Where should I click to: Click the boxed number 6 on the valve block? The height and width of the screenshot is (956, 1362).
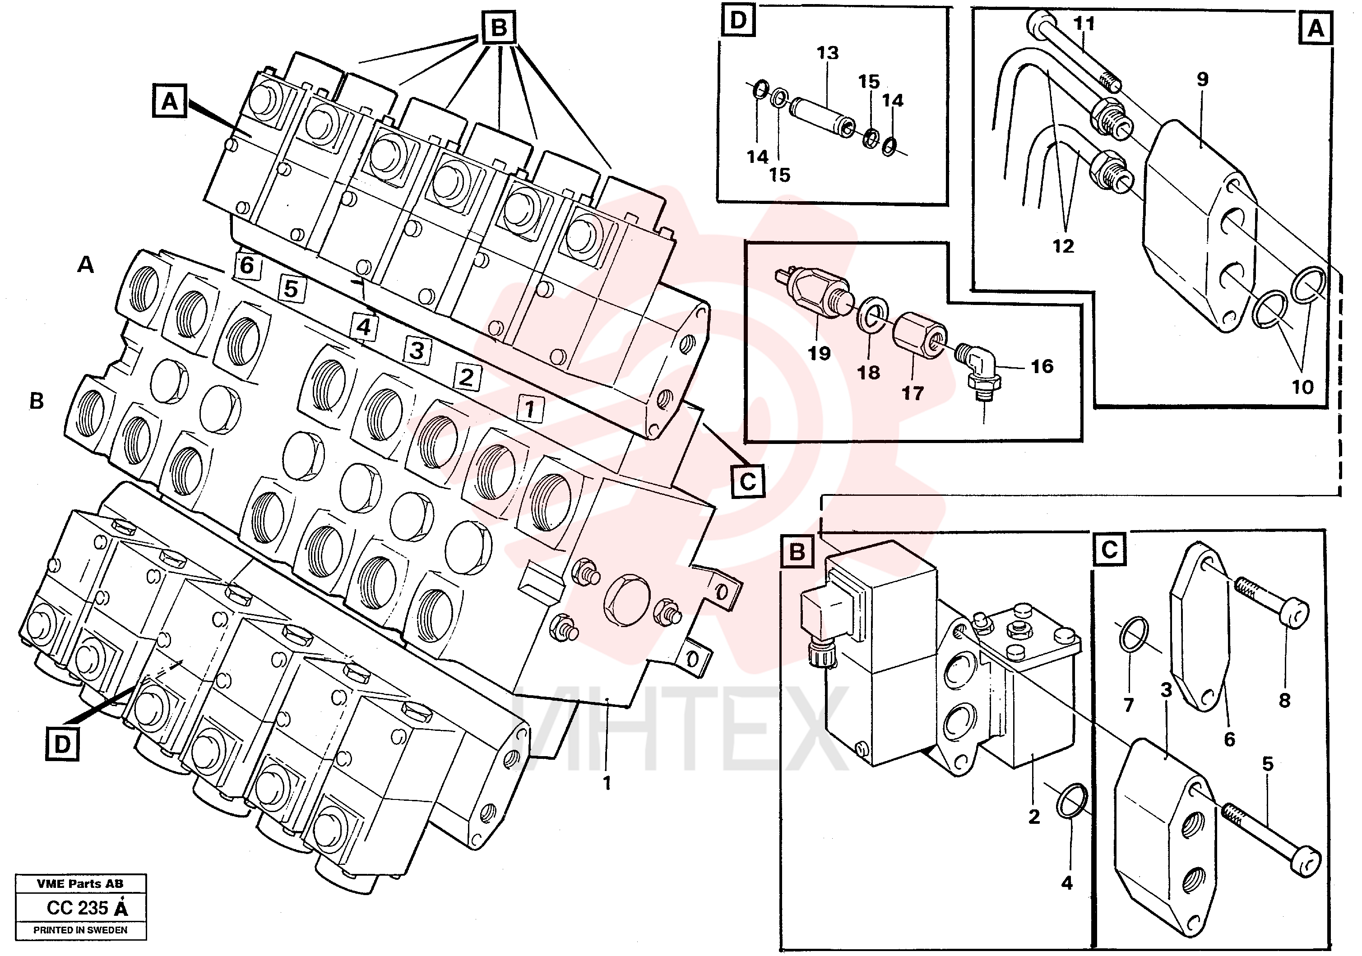(x=246, y=265)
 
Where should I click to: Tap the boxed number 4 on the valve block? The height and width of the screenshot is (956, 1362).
(x=364, y=327)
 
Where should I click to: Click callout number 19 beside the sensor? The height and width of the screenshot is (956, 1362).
(x=819, y=353)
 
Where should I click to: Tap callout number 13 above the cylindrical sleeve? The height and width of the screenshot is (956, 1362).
(x=828, y=53)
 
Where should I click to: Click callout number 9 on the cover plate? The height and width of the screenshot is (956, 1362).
(x=1202, y=79)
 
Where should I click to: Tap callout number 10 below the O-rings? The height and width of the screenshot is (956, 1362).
(x=1303, y=387)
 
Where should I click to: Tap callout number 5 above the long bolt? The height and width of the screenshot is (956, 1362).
(x=1268, y=764)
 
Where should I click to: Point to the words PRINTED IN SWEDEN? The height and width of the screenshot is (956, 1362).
(x=80, y=930)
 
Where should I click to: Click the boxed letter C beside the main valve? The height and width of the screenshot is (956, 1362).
(x=747, y=481)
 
